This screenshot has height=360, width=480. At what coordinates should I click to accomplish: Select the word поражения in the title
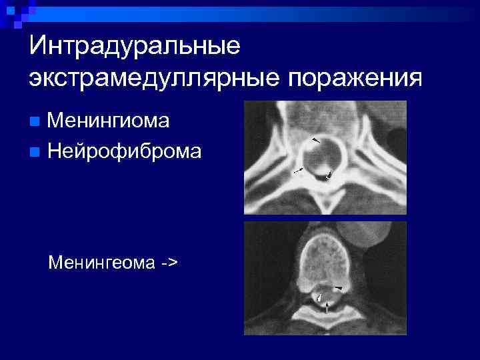(x=355, y=78)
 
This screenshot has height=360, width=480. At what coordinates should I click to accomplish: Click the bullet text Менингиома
(x=109, y=121)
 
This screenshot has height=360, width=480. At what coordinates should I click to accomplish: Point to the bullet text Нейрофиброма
(x=125, y=151)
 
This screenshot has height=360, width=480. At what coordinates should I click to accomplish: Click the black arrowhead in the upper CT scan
(x=315, y=141)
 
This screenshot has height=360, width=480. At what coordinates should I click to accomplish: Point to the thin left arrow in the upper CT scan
(x=299, y=171)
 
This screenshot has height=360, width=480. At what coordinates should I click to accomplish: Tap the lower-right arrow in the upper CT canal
(x=328, y=176)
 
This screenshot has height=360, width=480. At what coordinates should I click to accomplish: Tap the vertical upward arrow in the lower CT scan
(x=327, y=307)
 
